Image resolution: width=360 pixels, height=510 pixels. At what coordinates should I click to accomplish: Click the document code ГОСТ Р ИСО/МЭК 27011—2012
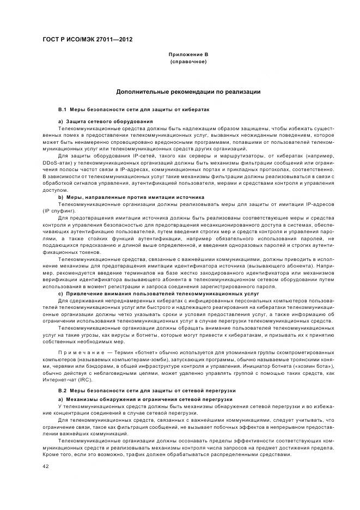click(x=87, y=40)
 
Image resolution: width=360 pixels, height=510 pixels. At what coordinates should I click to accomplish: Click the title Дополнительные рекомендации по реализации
click(x=188, y=92)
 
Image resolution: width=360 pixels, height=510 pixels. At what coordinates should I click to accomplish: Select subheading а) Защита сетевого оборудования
click(x=106, y=120)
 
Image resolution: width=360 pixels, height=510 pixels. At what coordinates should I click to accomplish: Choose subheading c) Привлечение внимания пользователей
click(x=158, y=293)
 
